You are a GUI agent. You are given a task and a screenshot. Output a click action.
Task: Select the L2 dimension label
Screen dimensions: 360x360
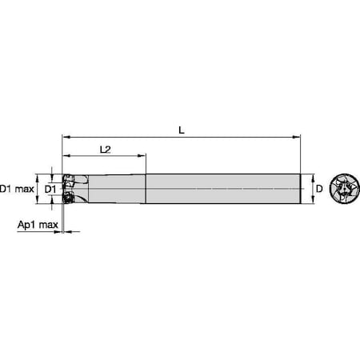[x=106, y=150]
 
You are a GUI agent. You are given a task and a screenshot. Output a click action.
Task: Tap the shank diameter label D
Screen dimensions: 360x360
[x=318, y=189]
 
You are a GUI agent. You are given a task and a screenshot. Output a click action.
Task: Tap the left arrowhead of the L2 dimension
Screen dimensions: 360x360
[x=65, y=157]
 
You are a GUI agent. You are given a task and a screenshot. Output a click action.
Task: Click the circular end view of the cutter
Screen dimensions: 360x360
[x=344, y=189]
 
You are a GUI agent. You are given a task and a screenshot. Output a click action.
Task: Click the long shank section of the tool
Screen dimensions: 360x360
[x=224, y=189]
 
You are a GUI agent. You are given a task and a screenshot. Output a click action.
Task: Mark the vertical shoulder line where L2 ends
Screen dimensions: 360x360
[x=146, y=189]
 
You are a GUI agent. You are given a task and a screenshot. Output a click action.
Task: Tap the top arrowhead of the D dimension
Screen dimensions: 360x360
[x=310, y=176]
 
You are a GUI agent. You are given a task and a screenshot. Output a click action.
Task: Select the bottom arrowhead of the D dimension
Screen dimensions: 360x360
[x=310, y=202]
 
